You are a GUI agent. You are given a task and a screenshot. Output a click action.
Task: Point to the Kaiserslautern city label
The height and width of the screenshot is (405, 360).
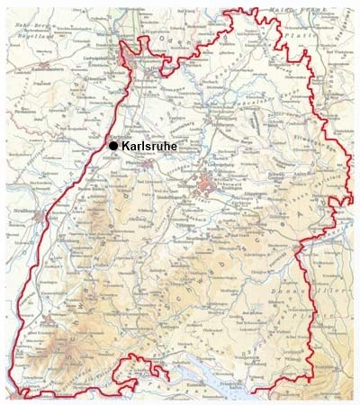pyautogui.click(x=41, y=67)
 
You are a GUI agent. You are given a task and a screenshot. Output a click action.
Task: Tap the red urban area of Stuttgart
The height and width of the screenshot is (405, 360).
pyautogui.click(x=208, y=188)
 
